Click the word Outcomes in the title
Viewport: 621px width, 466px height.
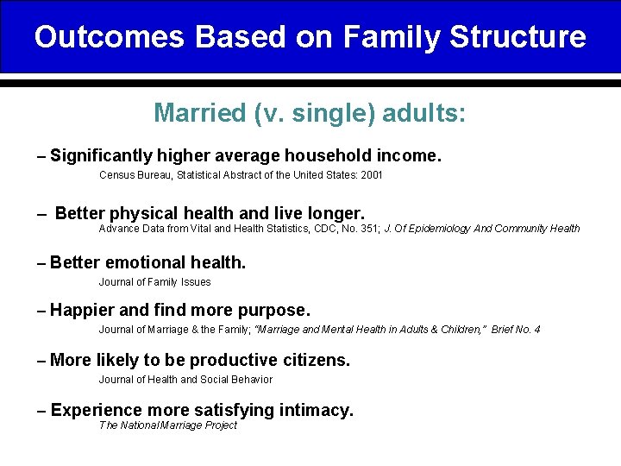109,37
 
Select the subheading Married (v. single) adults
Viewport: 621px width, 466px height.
310,113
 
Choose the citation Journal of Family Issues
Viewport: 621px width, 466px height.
154,282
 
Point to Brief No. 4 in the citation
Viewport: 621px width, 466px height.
516,330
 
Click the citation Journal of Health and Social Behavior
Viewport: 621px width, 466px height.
185,380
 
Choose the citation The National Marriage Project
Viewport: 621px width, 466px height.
167,425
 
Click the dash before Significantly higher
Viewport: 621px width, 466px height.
42,157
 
